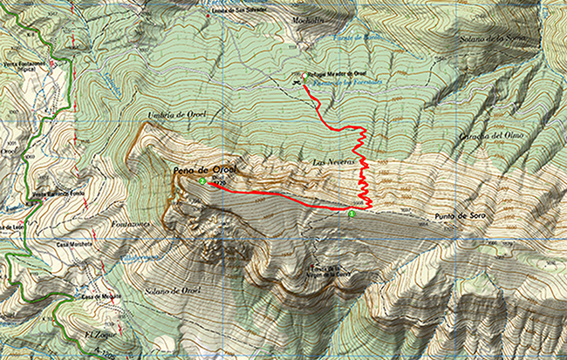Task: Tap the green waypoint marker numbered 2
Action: (x=202, y=181)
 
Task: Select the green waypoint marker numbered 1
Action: (x=352, y=212)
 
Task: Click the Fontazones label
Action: (x=132, y=224)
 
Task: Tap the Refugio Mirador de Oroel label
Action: (x=331, y=73)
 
